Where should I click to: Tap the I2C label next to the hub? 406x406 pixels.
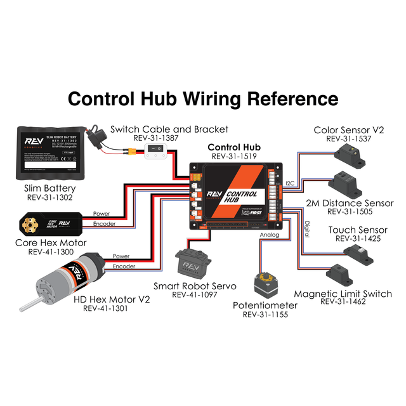[x=290, y=182]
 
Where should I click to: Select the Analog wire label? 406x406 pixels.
[x=269, y=235]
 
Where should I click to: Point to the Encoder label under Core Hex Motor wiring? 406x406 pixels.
[x=105, y=223]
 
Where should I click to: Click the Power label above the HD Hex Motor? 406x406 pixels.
[x=121, y=256]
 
